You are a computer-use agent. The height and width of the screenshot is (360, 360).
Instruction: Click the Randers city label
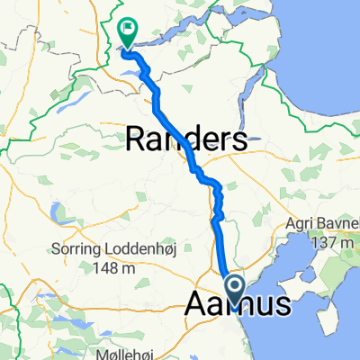point(186,139)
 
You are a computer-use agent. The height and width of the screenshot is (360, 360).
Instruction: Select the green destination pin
point(127,31)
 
